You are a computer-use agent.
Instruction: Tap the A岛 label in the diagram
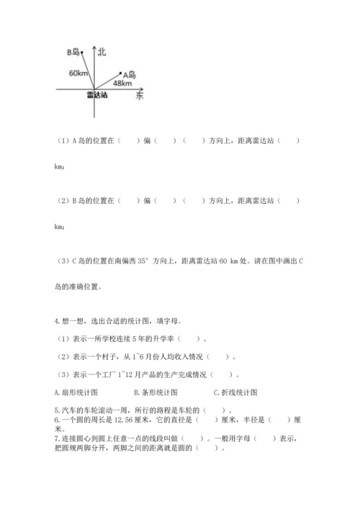coord(130,74)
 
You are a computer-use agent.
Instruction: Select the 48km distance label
coord(122,84)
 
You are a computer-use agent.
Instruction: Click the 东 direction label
coord(140,96)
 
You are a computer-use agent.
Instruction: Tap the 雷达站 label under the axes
coord(96,96)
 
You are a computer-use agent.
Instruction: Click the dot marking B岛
coord(82,52)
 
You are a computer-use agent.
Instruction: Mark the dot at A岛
coord(120,73)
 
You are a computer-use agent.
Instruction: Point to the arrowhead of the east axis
coord(143,90)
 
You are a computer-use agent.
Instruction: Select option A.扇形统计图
coord(76,392)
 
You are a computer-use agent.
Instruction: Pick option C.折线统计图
coord(235,392)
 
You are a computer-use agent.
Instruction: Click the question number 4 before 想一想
coord(55,323)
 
